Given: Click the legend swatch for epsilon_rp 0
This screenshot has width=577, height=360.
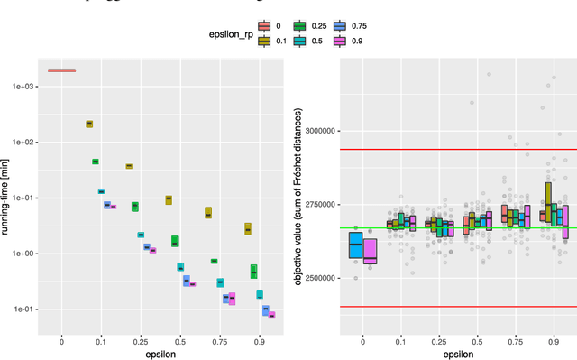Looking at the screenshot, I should click(x=262, y=26).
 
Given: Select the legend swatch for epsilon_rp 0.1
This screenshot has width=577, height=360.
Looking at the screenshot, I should click(x=262, y=40).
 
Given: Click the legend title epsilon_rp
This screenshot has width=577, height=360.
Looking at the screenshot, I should click(x=222, y=33).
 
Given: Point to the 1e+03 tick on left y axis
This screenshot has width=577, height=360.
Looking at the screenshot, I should click(x=17, y=87).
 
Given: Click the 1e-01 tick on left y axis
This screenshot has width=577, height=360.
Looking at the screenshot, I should click(x=17, y=309).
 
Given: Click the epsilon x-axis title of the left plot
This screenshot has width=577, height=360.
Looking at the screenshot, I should click(x=160, y=355).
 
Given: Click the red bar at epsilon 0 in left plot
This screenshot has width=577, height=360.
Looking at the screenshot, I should click(x=61, y=70).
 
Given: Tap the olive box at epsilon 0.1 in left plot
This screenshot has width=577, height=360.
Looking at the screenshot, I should click(x=89, y=124).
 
